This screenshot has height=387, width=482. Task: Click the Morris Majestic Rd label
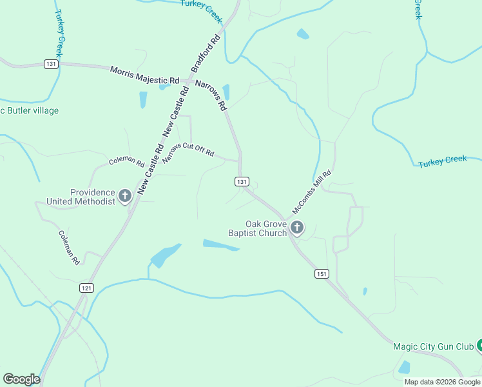[x=144, y=75]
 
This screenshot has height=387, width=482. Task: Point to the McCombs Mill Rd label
[x=312, y=192]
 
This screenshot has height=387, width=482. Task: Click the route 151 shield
[x=322, y=274]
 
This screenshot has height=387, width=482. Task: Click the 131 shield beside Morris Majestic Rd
[x=52, y=64]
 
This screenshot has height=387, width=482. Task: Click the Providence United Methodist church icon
[x=125, y=193]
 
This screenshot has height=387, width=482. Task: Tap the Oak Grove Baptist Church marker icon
[x=297, y=227]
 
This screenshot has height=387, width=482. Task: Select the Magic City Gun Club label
[x=433, y=347]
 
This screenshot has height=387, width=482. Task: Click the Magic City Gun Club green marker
[x=479, y=346]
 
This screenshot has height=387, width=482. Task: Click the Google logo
[x=21, y=379]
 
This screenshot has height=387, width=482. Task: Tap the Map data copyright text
[x=442, y=382]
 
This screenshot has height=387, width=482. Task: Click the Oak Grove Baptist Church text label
[x=257, y=228]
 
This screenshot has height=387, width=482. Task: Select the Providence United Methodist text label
[x=81, y=197]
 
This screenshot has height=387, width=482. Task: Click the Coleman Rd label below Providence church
[x=68, y=248]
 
